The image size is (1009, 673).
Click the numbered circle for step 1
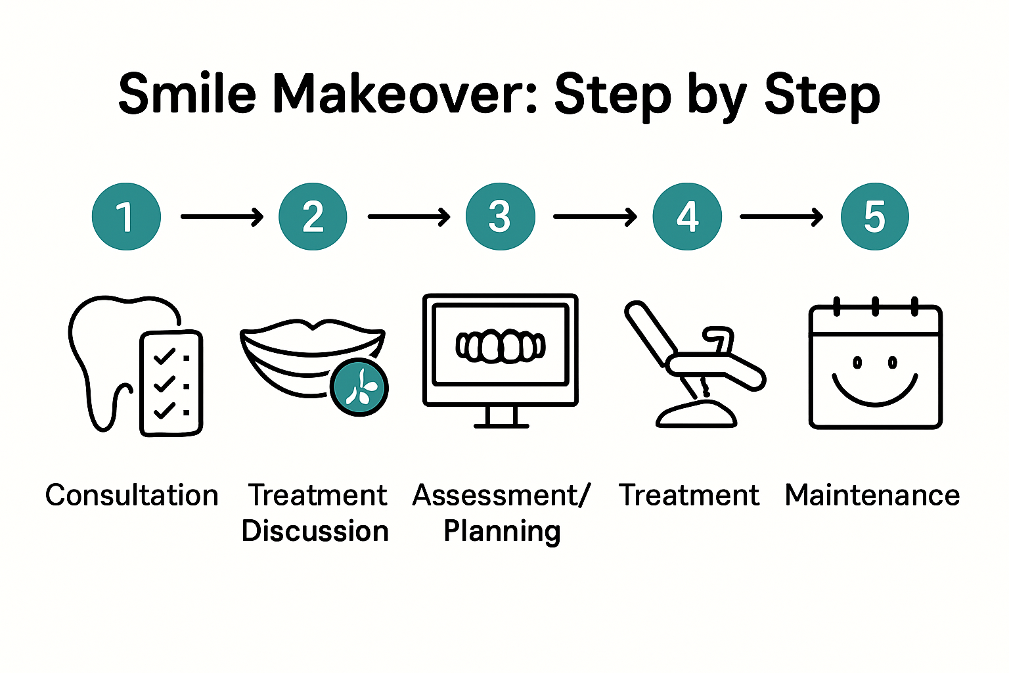[x=126, y=216]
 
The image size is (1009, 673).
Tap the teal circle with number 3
[x=500, y=216]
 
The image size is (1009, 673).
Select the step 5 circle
[x=874, y=216]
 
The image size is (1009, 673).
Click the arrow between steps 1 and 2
[x=221, y=216]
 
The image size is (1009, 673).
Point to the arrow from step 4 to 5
[x=781, y=216]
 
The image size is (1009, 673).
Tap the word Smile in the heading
[x=187, y=95]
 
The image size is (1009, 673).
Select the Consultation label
[x=131, y=496]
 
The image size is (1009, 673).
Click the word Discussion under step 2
[x=315, y=531]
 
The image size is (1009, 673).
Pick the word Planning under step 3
[x=502, y=531]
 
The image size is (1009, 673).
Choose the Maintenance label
[x=872, y=496]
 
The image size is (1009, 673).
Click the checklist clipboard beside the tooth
[x=171, y=383]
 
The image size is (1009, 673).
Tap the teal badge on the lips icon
[x=359, y=388]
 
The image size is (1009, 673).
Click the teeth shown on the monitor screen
[x=501, y=346]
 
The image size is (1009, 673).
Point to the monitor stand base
[x=501, y=425]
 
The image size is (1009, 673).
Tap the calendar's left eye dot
[x=857, y=362]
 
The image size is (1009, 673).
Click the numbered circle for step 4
[x=687, y=216]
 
